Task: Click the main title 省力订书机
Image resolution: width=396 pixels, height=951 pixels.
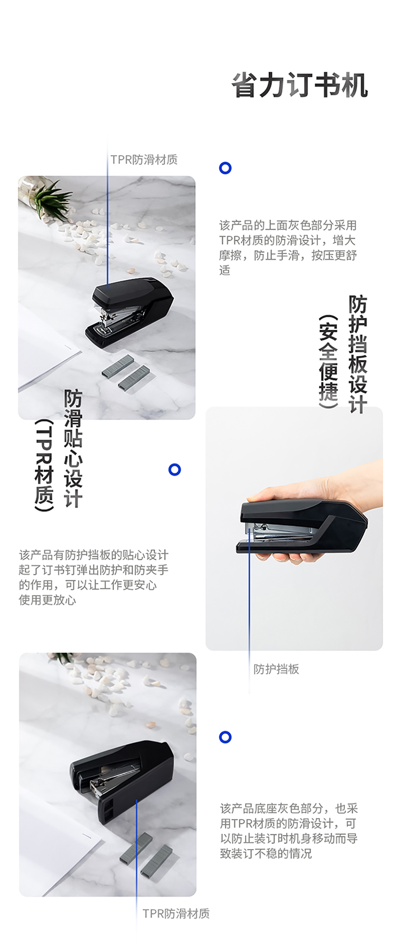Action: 300,85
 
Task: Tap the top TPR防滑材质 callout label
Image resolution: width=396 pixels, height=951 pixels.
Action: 144,159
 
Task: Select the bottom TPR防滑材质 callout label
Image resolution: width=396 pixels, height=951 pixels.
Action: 176,914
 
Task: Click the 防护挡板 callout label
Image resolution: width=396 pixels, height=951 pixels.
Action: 276,669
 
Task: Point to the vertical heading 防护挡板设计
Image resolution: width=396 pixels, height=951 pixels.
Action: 357,354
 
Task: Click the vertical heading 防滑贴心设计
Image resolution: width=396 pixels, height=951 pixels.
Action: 73,449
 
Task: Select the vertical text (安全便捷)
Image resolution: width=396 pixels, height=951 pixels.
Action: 328,362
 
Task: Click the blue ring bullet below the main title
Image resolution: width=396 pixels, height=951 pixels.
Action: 225,168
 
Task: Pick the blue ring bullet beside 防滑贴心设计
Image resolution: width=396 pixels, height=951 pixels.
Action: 175,470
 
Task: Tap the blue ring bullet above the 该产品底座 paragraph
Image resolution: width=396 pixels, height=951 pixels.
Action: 225,737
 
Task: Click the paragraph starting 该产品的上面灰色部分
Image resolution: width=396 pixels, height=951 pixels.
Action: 288,248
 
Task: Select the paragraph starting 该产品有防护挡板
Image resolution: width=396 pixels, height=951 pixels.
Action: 93,577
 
